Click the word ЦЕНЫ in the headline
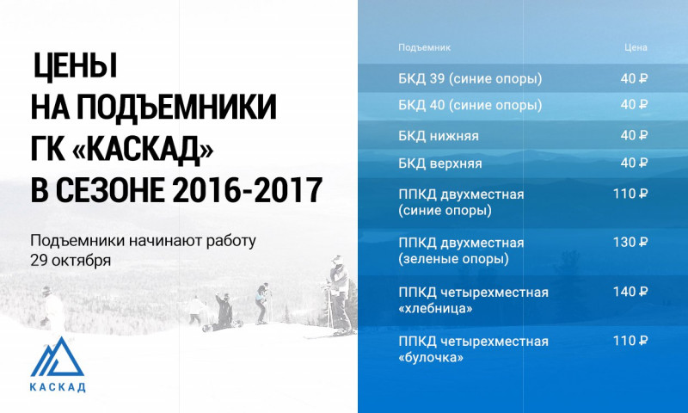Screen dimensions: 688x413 tap(75, 66)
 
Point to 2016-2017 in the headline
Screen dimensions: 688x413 tap(247, 190)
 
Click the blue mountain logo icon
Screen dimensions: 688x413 tap(57, 357)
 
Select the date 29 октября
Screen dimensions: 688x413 tap(71, 260)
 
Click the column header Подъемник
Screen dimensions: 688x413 tap(424, 47)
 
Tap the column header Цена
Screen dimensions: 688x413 tap(636, 47)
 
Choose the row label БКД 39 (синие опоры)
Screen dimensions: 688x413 tap(470, 79)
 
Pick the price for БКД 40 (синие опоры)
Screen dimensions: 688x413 tap(634, 105)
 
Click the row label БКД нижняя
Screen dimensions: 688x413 tap(439, 136)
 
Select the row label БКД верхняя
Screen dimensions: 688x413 tap(440, 163)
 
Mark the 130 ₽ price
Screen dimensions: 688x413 tap(630, 243)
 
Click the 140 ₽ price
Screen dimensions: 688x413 tap(630, 292)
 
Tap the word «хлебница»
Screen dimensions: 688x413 tap(435, 309)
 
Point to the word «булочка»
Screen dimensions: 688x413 tap(431, 358)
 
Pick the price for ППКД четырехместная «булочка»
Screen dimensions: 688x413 tap(630, 341)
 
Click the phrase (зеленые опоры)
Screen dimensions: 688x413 tap(454, 259)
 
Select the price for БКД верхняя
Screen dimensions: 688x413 tap(634, 163)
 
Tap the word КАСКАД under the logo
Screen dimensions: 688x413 tap(58, 387)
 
